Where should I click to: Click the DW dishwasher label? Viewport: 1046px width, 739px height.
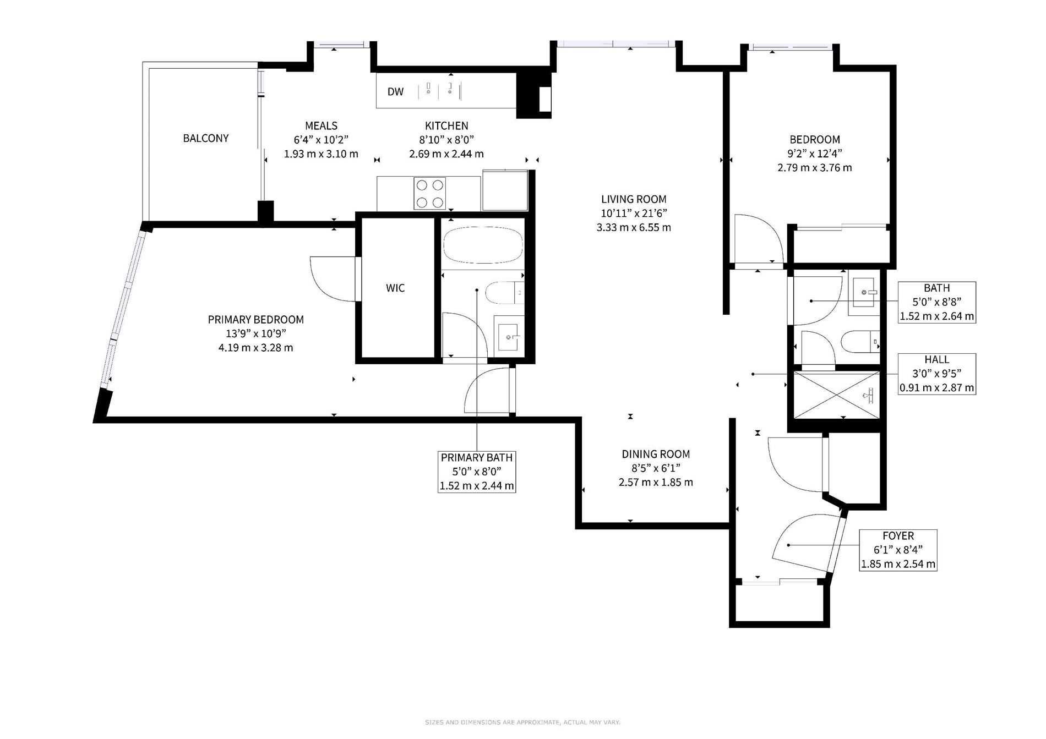tap(395, 92)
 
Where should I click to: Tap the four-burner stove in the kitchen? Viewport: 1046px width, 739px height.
tap(430, 193)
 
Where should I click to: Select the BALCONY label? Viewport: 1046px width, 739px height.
tap(206, 138)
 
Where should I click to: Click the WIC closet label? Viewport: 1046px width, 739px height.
tap(395, 288)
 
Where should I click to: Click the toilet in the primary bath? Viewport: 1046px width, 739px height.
tap(504, 293)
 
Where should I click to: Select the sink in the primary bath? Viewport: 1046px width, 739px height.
tap(507, 333)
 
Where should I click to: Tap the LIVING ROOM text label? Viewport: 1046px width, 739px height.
tap(634, 199)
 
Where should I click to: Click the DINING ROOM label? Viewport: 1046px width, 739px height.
tap(656, 454)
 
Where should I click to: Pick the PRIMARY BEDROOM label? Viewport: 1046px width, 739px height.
tap(256, 319)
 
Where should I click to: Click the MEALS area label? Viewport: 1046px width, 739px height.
tap(321, 125)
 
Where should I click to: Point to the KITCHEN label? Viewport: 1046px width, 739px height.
tap(446, 125)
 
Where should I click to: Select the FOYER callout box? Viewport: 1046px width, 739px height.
tap(898, 550)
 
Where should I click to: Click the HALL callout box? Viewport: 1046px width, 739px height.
tap(937, 374)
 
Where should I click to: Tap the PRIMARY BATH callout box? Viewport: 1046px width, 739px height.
tap(477, 472)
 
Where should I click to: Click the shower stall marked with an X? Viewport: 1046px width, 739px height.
tap(836, 394)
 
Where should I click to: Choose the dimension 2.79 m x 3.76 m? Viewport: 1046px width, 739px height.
tap(815, 168)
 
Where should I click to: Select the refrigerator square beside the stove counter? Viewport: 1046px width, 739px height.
tap(505, 190)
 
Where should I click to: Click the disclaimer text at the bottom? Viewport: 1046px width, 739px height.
tap(522, 722)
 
